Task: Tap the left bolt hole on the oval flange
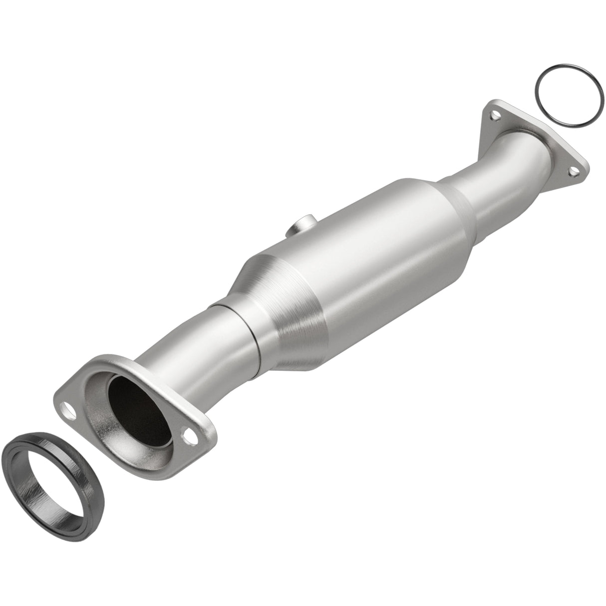click(x=68, y=399)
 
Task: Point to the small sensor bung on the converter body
click(x=299, y=222)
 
